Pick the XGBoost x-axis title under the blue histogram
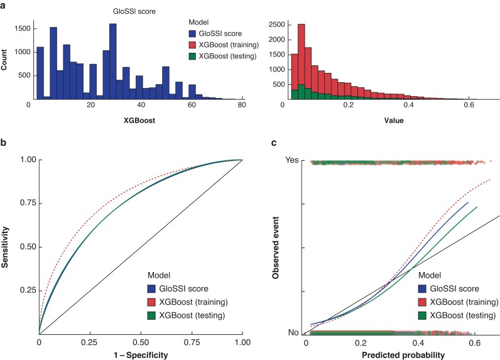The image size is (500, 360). (137, 117)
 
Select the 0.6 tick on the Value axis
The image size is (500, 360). (468, 106)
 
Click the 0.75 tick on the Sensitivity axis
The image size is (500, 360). (24, 204)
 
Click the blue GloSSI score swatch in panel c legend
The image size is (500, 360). (425, 290)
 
